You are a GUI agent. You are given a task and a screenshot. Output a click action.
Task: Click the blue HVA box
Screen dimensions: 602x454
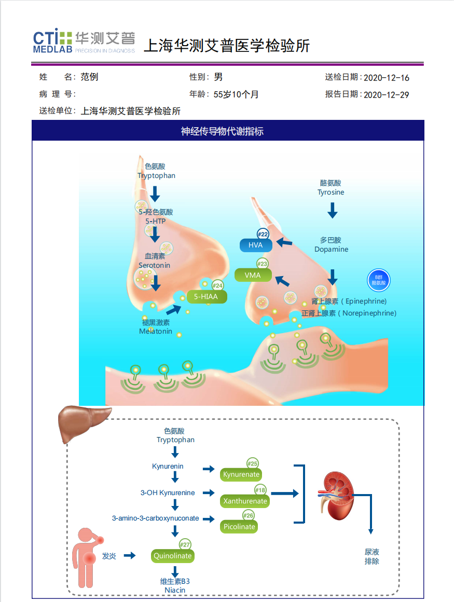click(x=256, y=245)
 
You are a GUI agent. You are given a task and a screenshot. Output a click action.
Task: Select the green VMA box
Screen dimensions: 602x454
click(x=253, y=275)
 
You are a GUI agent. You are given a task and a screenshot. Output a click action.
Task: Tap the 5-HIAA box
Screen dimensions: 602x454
click(x=206, y=296)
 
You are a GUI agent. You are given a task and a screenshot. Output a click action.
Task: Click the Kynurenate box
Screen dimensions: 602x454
click(x=241, y=474)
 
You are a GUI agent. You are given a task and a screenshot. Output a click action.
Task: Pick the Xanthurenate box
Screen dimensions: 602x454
click(x=245, y=501)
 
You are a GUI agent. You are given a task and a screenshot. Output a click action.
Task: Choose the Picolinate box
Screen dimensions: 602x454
click(x=239, y=526)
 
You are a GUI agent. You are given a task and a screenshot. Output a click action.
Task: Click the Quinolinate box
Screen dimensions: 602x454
click(x=173, y=556)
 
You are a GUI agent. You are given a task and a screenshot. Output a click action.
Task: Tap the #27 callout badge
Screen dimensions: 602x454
click(x=185, y=544)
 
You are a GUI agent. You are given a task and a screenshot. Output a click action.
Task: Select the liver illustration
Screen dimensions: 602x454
click(x=84, y=423)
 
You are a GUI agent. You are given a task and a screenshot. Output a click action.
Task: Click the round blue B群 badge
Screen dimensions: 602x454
click(x=378, y=280)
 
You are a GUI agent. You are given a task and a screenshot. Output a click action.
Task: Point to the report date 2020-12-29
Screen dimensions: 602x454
click(x=387, y=94)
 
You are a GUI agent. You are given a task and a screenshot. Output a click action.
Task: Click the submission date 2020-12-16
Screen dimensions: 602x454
click(x=387, y=78)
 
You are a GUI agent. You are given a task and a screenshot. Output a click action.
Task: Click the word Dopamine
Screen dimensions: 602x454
click(x=331, y=249)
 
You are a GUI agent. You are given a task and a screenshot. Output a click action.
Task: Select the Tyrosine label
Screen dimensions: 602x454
click(x=331, y=192)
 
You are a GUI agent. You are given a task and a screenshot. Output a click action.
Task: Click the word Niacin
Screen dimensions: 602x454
click(x=175, y=590)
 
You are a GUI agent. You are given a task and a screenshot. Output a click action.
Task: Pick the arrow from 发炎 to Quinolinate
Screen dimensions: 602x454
click(x=130, y=555)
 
